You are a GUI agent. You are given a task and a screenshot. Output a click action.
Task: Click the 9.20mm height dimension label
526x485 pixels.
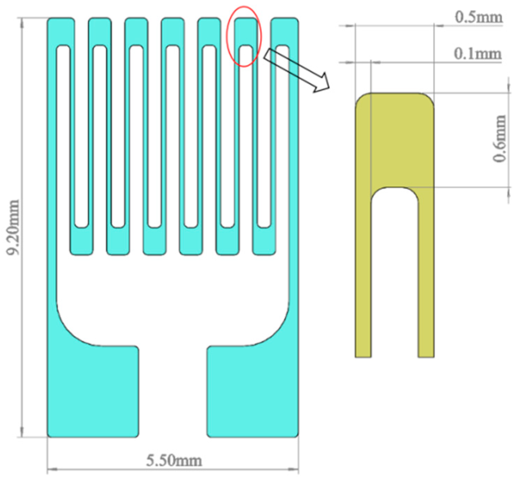[x=13, y=227]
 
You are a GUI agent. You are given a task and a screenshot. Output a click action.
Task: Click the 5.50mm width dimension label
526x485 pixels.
[x=174, y=461]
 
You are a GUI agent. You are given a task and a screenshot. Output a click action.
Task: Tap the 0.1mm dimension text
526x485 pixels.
[x=477, y=54]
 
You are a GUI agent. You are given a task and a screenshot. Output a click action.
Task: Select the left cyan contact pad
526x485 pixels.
[x=93, y=391]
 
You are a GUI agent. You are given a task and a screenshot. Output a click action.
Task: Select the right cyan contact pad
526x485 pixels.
[x=253, y=391]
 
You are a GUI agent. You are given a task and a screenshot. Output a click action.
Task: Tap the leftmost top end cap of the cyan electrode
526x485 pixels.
[x=61, y=31]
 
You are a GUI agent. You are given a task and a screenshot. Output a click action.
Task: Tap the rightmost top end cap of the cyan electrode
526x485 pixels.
[x=284, y=31]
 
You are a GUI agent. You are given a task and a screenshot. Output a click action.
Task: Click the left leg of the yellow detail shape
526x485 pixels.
[x=363, y=278]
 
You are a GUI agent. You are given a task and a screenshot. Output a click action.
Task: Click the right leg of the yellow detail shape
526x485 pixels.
[x=426, y=278]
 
